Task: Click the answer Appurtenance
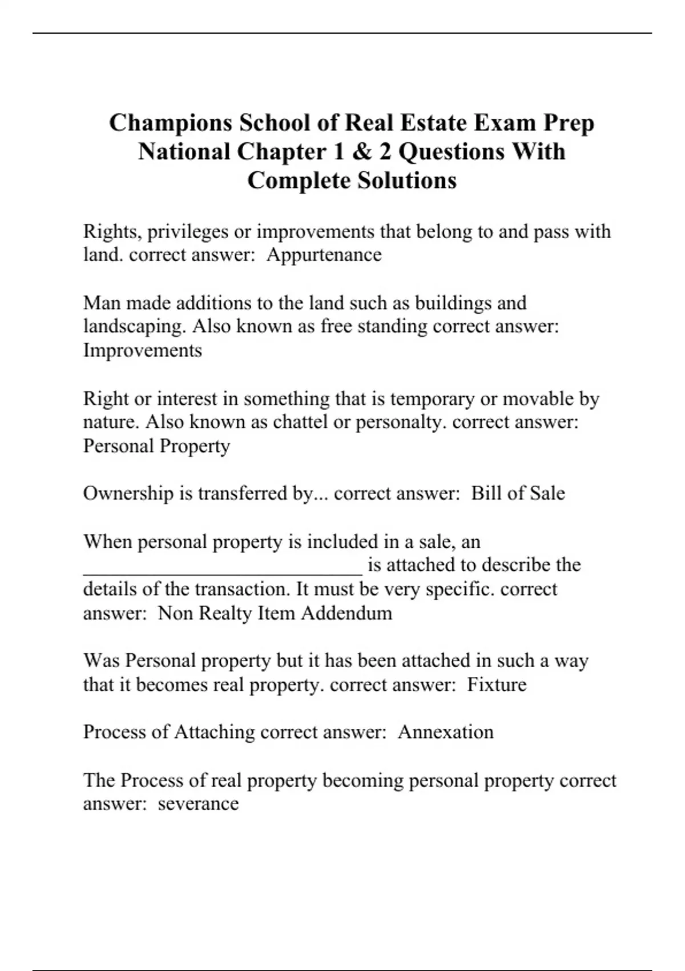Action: (x=324, y=255)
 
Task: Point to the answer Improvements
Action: (x=142, y=350)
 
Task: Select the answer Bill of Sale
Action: (x=518, y=493)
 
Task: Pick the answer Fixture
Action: (x=497, y=684)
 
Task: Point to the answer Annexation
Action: (x=445, y=732)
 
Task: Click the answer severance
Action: (x=198, y=804)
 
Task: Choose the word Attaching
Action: (x=214, y=732)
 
